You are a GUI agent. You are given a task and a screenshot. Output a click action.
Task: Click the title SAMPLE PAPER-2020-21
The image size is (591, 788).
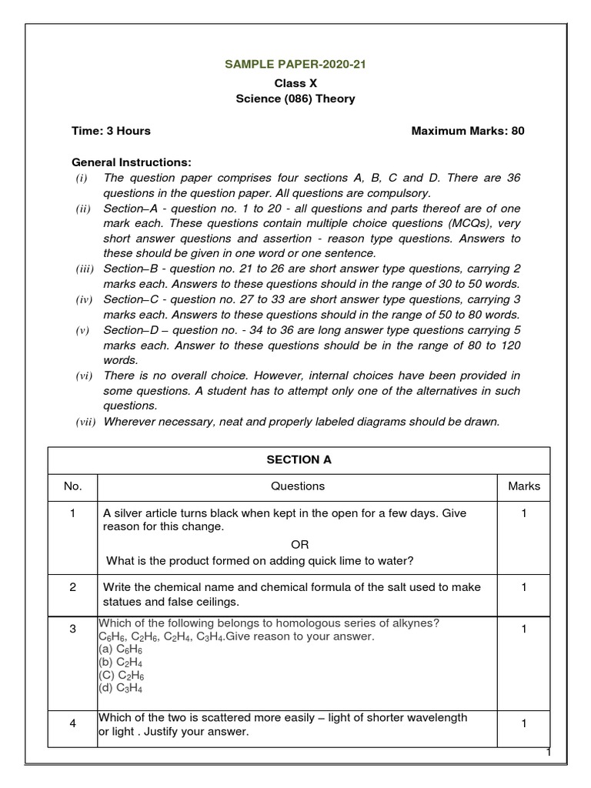[x=295, y=65]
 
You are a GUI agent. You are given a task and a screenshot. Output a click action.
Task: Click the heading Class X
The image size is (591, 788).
[x=295, y=82]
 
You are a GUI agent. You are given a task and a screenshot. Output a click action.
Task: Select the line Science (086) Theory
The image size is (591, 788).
[x=295, y=98]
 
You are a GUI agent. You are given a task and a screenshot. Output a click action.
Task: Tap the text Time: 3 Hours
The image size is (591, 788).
[x=111, y=131]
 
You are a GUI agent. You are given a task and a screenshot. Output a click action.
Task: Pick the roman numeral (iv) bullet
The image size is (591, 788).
[x=83, y=299]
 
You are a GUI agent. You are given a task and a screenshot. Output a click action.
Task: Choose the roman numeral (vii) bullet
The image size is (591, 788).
[x=85, y=422]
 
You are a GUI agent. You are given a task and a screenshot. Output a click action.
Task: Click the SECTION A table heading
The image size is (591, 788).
[x=298, y=459]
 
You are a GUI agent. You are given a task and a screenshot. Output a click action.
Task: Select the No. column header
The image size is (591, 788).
[x=72, y=486]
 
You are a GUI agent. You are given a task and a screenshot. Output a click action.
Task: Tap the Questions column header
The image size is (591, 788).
[x=298, y=486]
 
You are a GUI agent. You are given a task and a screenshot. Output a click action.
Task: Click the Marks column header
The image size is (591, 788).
[x=523, y=486]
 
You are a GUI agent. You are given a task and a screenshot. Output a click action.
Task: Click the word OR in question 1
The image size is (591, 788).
[x=299, y=544]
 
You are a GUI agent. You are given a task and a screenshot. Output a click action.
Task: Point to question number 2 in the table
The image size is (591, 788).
[x=72, y=587]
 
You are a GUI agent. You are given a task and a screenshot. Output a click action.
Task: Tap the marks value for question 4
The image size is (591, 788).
[x=523, y=724]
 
